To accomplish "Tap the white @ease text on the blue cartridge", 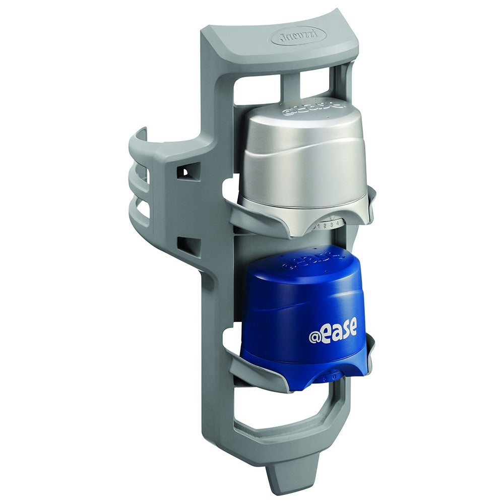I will pyautogui.click(x=333, y=333).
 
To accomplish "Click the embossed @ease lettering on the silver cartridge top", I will pyautogui.click(x=313, y=107).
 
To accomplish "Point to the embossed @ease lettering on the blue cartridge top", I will pyautogui.click(x=304, y=260).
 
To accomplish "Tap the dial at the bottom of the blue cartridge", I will pyautogui.click(x=330, y=375).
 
